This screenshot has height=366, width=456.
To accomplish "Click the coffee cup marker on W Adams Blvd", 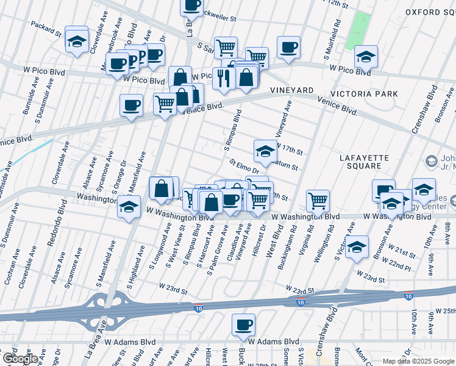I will pos(244,325).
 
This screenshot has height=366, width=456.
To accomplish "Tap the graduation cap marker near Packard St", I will pos(77,40).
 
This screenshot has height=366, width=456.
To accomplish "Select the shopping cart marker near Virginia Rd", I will pos(318,200).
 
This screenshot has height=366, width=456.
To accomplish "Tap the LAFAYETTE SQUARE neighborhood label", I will pos(364,162).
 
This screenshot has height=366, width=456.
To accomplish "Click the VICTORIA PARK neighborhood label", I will pos(364,94).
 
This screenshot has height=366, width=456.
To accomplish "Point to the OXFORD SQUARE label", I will pos(430,12).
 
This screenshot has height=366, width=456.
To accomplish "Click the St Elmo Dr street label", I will pos(244,167).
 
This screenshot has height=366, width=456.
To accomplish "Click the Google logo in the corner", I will pos(20,359).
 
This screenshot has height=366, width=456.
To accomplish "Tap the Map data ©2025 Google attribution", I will pos(418,361).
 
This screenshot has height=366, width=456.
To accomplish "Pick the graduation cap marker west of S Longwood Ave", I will pos(129,207).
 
